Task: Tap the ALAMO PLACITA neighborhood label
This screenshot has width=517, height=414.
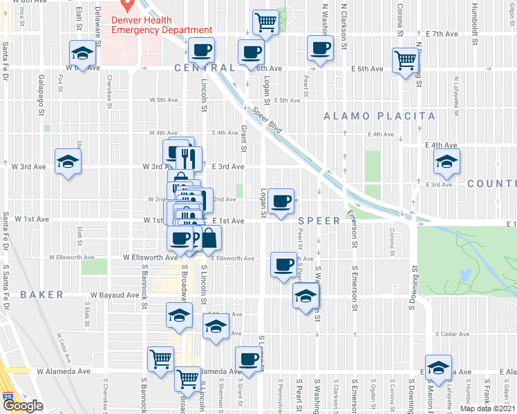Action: pos(379,116)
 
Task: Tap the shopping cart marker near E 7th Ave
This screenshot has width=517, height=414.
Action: pos(265,23)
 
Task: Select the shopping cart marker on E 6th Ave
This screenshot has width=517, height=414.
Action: pos(405,60)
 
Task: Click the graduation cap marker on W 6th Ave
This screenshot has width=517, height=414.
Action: pos(82,54)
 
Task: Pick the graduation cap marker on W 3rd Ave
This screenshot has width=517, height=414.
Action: pos(68,162)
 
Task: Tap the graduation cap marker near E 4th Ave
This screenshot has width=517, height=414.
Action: pos(446,162)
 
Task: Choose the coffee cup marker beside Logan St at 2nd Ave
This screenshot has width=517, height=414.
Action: pos(281,201)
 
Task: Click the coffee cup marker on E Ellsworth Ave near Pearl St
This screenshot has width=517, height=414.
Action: pos(283,265)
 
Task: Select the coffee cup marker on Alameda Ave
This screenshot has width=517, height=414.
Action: pos(248,359)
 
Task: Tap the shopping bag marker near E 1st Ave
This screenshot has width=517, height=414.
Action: pos(209,239)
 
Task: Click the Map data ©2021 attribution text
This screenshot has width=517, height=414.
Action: pos(487,408)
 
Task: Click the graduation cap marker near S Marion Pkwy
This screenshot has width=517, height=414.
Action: pos(438,368)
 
